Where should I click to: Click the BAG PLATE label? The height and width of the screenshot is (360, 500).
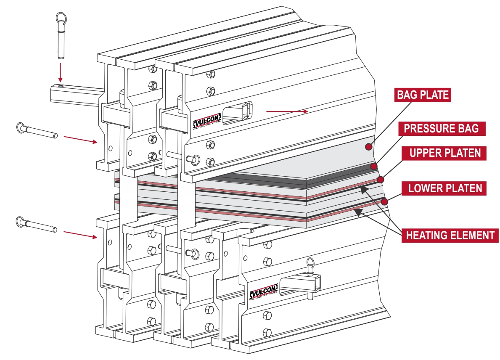(x=423, y=95)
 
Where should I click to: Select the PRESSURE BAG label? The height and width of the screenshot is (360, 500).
(x=441, y=128)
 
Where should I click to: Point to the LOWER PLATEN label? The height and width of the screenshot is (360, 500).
(x=445, y=188)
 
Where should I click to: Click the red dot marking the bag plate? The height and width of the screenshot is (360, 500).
(x=368, y=147)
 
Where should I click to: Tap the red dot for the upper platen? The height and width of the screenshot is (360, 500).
(x=380, y=180)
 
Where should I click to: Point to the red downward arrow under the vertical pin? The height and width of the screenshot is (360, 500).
(x=60, y=72)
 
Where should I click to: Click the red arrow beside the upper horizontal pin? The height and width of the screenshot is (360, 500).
(x=80, y=140)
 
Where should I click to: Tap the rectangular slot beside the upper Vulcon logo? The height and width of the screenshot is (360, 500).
(x=237, y=112)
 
